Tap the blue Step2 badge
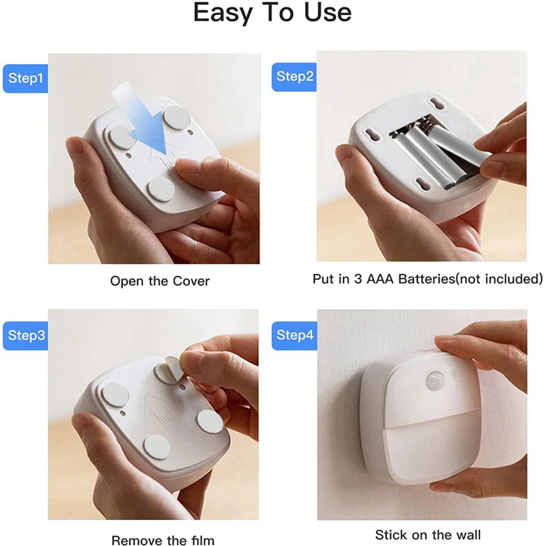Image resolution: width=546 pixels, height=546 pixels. (x=295, y=76)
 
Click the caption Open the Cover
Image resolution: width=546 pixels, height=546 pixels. (x=160, y=281)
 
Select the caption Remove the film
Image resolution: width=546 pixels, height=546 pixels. (x=162, y=540)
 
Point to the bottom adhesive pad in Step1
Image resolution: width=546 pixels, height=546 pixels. (x=162, y=188)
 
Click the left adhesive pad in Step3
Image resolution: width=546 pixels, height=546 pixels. (x=115, y=397)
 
